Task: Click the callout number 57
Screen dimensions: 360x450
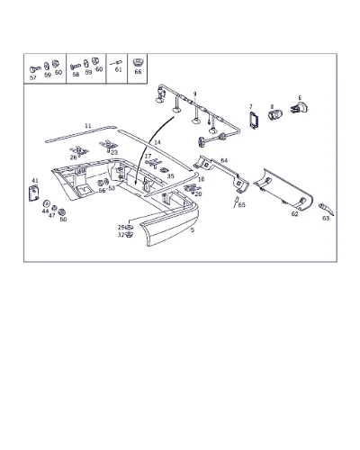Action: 33,77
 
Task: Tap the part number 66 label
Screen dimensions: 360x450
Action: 138,72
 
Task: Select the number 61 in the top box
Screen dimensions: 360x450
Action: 119,69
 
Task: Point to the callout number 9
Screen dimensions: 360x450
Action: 194,94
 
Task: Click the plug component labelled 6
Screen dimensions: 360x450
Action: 300,108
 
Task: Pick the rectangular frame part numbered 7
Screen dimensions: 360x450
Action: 254,121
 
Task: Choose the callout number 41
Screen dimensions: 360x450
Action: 35,181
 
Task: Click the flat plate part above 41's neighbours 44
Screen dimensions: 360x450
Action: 34,193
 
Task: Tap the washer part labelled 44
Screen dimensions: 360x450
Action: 46,204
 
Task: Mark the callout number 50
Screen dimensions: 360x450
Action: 63,220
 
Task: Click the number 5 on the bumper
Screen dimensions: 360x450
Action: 193,230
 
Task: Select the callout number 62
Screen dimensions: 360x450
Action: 295,214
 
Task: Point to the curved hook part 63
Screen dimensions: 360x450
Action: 327,209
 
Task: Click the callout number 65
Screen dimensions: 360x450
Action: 242,205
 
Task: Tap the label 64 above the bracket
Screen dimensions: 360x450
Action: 224,160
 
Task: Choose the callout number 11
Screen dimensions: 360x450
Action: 88,126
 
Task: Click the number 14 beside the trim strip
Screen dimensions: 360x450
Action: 157,142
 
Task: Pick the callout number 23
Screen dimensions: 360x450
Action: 114,152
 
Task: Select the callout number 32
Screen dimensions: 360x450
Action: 121,235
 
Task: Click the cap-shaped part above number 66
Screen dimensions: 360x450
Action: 138,63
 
